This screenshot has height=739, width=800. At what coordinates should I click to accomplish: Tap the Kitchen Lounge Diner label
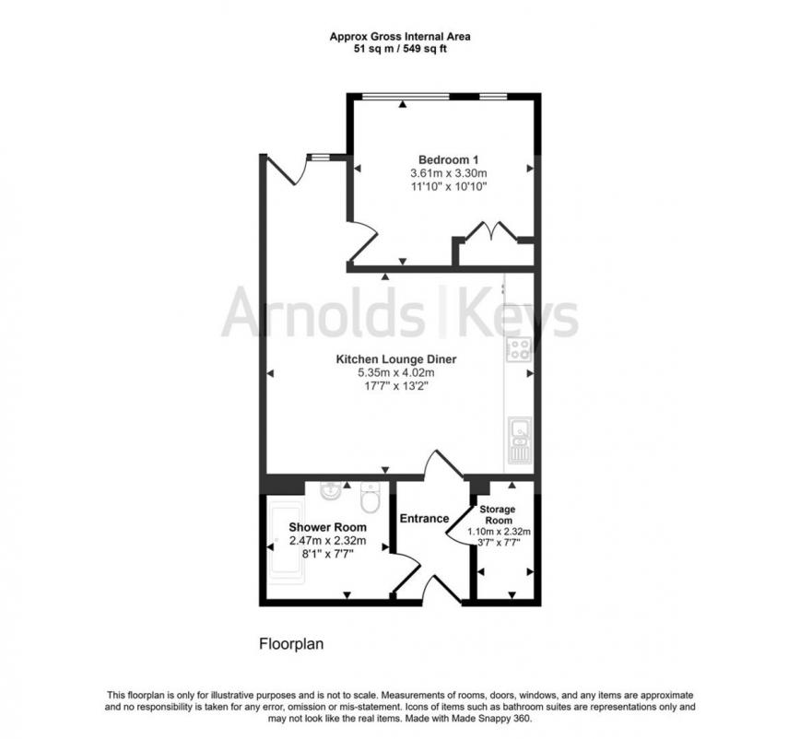(x=395, y=359)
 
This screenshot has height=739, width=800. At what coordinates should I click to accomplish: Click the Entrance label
(x=424, y=519)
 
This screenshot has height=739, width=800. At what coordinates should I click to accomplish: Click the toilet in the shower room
(x=371, y=498)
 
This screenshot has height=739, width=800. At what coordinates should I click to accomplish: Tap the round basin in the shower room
(x=331, y=491)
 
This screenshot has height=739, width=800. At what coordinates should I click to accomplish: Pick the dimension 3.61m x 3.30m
(x=447, y=173)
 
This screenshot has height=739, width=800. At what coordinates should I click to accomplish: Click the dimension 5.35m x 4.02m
(x=395, y=373)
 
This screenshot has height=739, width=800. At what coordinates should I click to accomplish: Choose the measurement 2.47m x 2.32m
(x=327, y=541)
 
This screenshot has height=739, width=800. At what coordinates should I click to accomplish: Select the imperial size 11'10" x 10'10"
(x=447, y=186)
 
